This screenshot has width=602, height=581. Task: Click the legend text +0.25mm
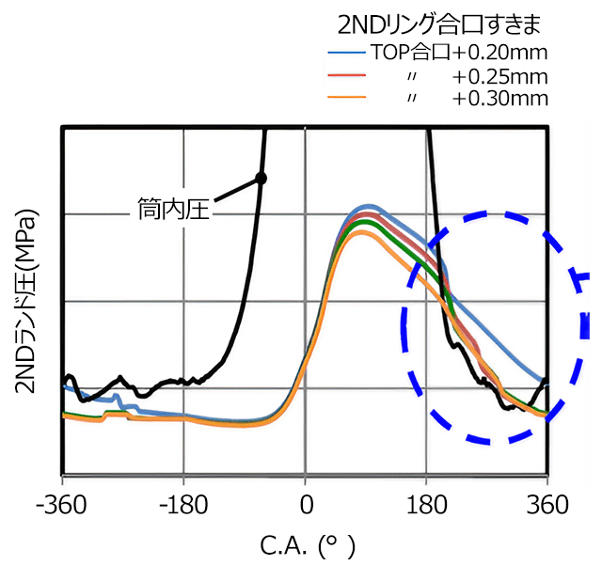coord(499,74)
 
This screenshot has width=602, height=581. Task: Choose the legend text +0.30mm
coord(499,98)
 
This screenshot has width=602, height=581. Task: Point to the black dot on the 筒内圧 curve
coord(261,178)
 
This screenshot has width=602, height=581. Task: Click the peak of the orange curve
coord(363,231)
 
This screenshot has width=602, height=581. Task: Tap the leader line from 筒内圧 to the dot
coord(235,189)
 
